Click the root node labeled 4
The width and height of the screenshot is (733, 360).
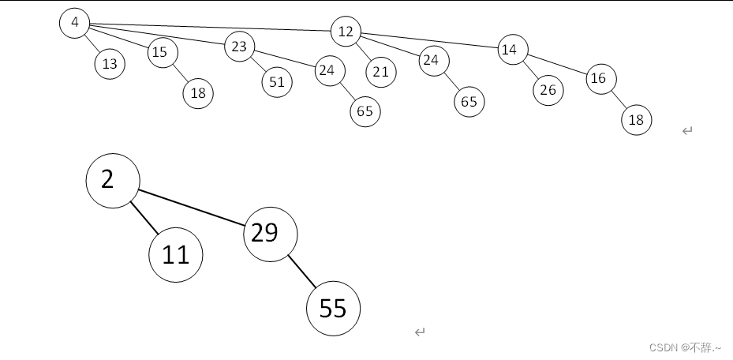(74, 23)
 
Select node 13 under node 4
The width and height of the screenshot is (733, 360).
(110, 64)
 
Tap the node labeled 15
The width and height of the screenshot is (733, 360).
(162, 53)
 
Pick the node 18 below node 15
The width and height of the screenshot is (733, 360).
(198, 93)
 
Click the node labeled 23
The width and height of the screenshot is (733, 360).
(239, 47)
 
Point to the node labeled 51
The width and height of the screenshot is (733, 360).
(277, 82)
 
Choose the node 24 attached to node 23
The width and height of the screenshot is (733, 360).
(330, 71)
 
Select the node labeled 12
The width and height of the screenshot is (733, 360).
(346, 32)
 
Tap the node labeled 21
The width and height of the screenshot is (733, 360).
(381, 72)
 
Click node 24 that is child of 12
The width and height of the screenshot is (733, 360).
(433, 60)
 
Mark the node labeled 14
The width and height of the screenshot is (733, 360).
(512, 50)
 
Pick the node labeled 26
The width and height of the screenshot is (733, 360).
(548, 90)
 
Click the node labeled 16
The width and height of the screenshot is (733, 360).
(600, 78)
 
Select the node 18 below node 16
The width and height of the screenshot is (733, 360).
(636, 120)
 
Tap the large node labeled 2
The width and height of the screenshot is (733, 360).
(113, 181)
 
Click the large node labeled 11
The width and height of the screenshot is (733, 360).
(176, 255)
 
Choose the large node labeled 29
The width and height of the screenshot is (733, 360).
(270, 233)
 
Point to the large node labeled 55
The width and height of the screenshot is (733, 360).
(333, 309)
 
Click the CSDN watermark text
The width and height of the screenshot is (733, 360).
(685, 347)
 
